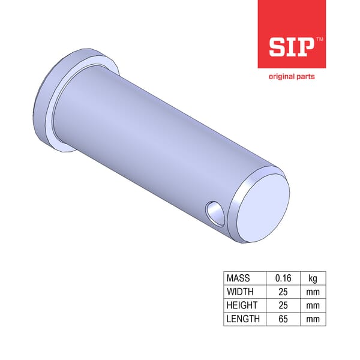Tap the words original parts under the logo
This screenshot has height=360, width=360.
pos(291,76)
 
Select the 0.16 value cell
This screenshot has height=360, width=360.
pos(283,278)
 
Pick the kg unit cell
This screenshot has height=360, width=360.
pos(313,278)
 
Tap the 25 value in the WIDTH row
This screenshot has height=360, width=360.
pos(283,292)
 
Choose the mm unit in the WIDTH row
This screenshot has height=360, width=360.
pos(313,292)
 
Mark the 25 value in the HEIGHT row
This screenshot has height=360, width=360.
pos(283,305)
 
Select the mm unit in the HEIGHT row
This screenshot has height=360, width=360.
pos(313,305)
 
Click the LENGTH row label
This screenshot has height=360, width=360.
pos(242,319)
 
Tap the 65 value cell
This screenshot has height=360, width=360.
pos(283,319)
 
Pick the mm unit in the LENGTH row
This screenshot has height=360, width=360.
pos(313,319)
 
